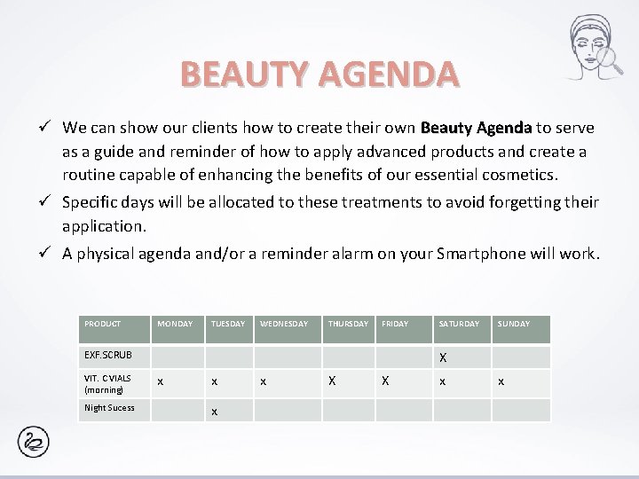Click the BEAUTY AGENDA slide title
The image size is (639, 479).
coord(319,75)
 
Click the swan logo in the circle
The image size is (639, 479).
coord(35,441)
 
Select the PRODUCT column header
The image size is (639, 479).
coord(103,325)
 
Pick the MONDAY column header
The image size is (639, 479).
coord(175,325)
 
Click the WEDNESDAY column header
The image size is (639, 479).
coord(284,325)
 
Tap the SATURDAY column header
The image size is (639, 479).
coord(459,325)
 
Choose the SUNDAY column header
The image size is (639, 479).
coord(513,325)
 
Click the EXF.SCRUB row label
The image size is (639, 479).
coord(107,355)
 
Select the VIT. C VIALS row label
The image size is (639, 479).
coord(107,383)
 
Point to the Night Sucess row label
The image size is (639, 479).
coord(109,408)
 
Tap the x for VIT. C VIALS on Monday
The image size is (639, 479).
coord(160,381)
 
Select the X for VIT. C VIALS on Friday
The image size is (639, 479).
coord(385,381)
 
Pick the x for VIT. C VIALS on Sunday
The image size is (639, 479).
coord(501,381)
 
